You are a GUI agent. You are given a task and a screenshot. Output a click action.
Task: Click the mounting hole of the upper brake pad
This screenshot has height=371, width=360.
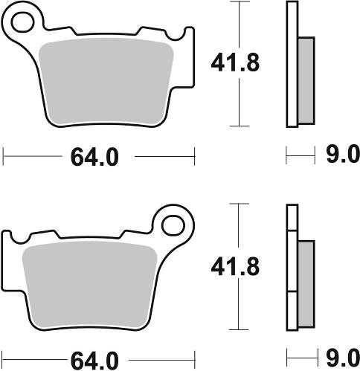tap(22, 20)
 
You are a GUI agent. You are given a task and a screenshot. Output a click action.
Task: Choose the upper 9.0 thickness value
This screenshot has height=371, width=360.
tap(344, 155)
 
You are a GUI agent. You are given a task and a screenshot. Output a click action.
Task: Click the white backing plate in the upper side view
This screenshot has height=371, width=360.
tap(292, 63)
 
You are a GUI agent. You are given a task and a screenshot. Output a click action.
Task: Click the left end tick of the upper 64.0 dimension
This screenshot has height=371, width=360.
tap(4, 157)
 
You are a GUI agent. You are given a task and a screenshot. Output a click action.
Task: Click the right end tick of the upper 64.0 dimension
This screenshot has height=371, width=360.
tap(194, 157)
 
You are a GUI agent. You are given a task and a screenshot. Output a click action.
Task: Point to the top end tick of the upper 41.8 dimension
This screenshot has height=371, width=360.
tap(238, 2)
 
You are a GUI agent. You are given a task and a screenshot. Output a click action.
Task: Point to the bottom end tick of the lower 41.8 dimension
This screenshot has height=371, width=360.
tap(238, 329)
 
